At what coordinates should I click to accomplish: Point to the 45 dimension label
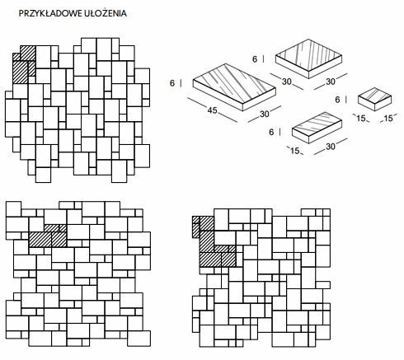click(x=212, y=110)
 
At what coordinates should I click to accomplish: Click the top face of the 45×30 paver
click(x=234, y=83)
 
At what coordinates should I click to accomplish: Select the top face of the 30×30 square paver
click(x=309, y=55)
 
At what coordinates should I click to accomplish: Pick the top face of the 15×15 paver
click(x=374, y=95)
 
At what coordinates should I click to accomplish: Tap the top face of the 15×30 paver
click(x=317, y=124)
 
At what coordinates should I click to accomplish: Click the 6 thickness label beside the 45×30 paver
click(x=172, y=83)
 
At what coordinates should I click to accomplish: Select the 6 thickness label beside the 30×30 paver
click(x=255, y=59)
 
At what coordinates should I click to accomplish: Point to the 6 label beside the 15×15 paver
click(x=337, y=100)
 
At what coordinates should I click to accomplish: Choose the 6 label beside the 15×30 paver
click(x=271, y=132)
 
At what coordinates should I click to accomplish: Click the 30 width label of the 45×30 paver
click(x=265, y=114)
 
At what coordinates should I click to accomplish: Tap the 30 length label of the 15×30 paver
click(x=331, y=147)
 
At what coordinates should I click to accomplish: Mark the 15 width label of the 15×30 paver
click(x=294, y=151)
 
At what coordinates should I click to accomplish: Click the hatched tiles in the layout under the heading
click(x=25, y=64)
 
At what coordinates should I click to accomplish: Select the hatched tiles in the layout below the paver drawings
click(x=214, y=241)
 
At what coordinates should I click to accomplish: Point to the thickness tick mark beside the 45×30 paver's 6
click(x=181, y=83)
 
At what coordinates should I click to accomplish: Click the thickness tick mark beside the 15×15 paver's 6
click(x=345, y=100)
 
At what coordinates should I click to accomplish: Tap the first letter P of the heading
click(x=21, y=13)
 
